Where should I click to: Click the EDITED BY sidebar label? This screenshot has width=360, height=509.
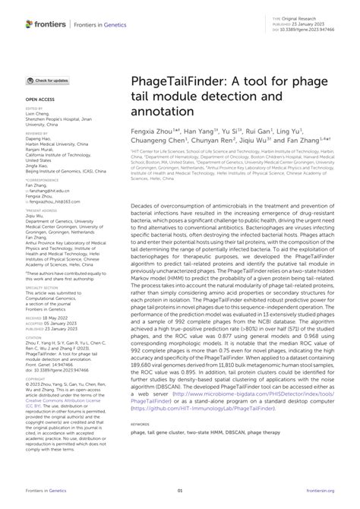pos(33,109)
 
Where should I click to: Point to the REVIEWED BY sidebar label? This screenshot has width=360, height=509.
pos(36,131)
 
